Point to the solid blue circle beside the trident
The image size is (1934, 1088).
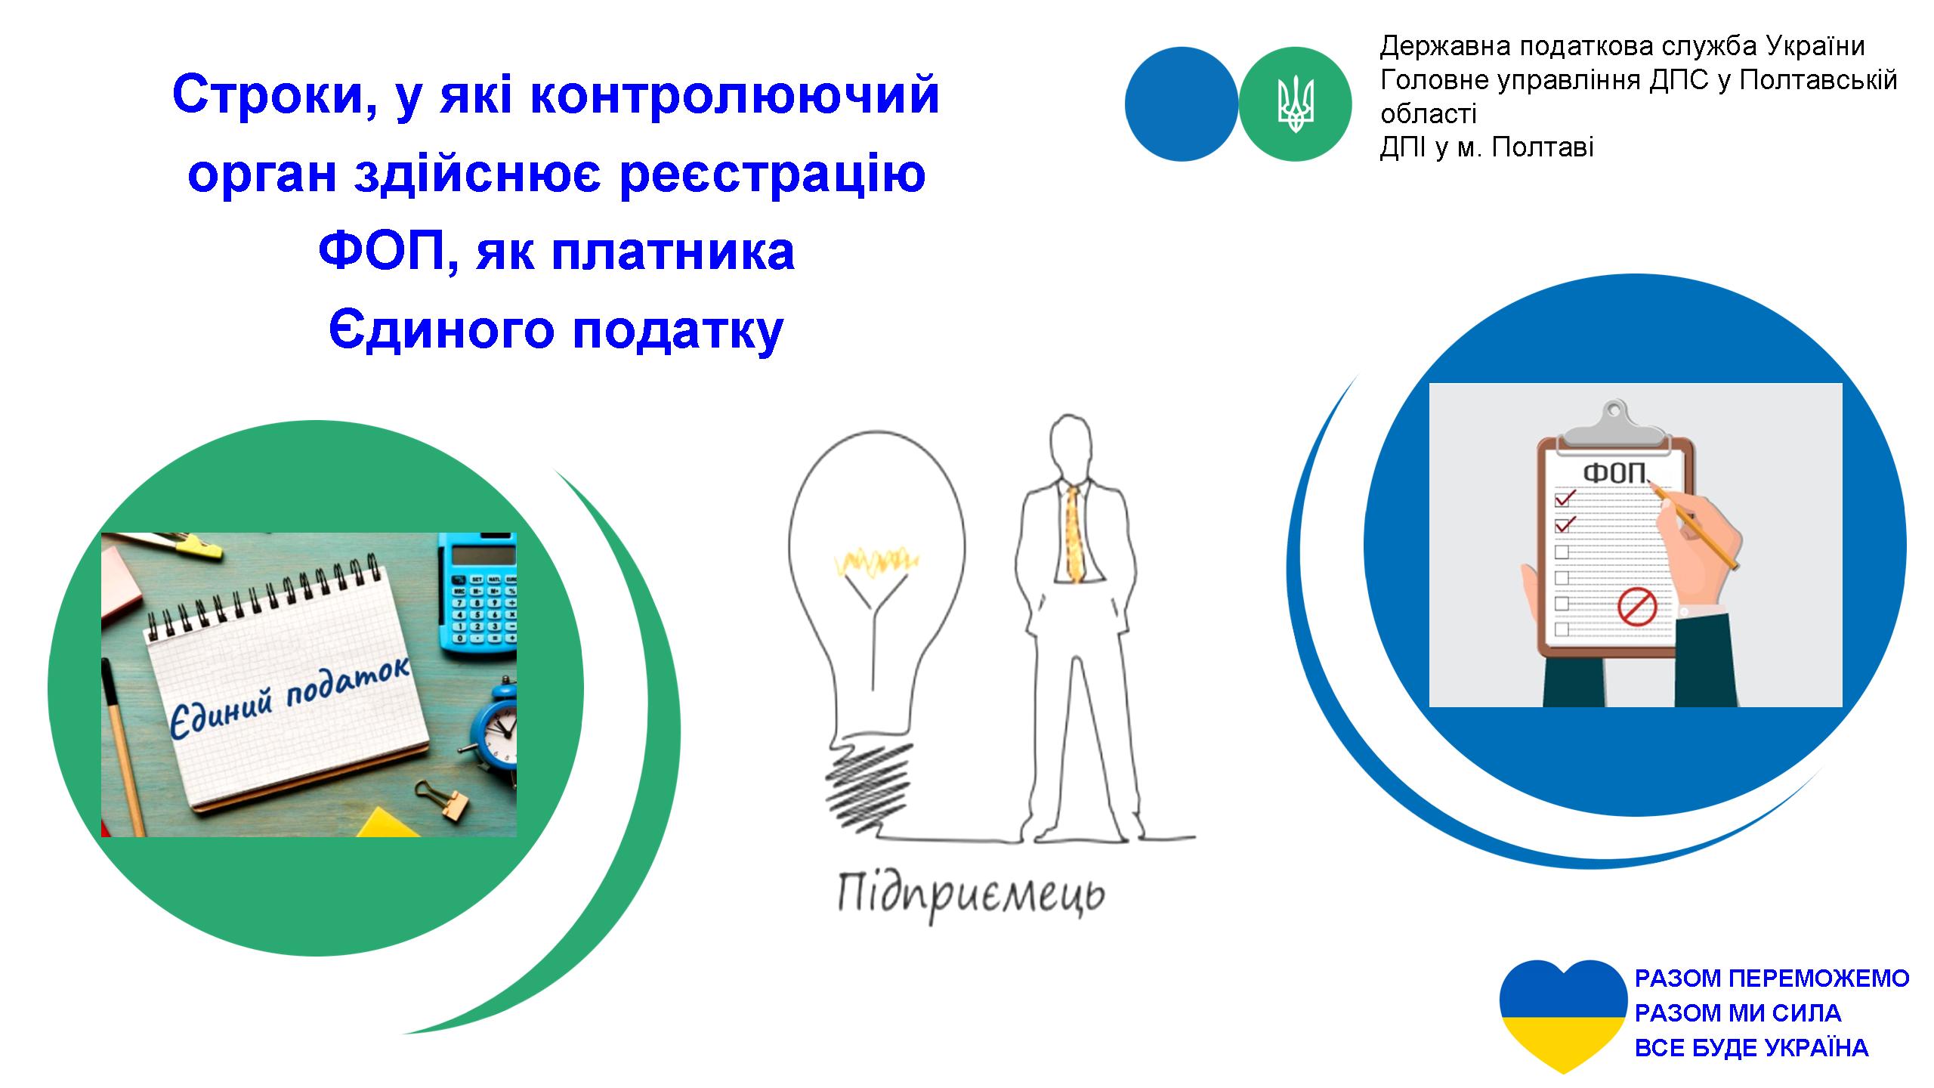1182,104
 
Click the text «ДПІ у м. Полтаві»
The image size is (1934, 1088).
1487,147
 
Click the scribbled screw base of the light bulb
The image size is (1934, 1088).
869,786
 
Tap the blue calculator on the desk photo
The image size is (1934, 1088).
477,592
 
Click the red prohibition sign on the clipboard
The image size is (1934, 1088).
1637,607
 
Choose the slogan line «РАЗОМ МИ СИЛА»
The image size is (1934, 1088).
1738,1012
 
